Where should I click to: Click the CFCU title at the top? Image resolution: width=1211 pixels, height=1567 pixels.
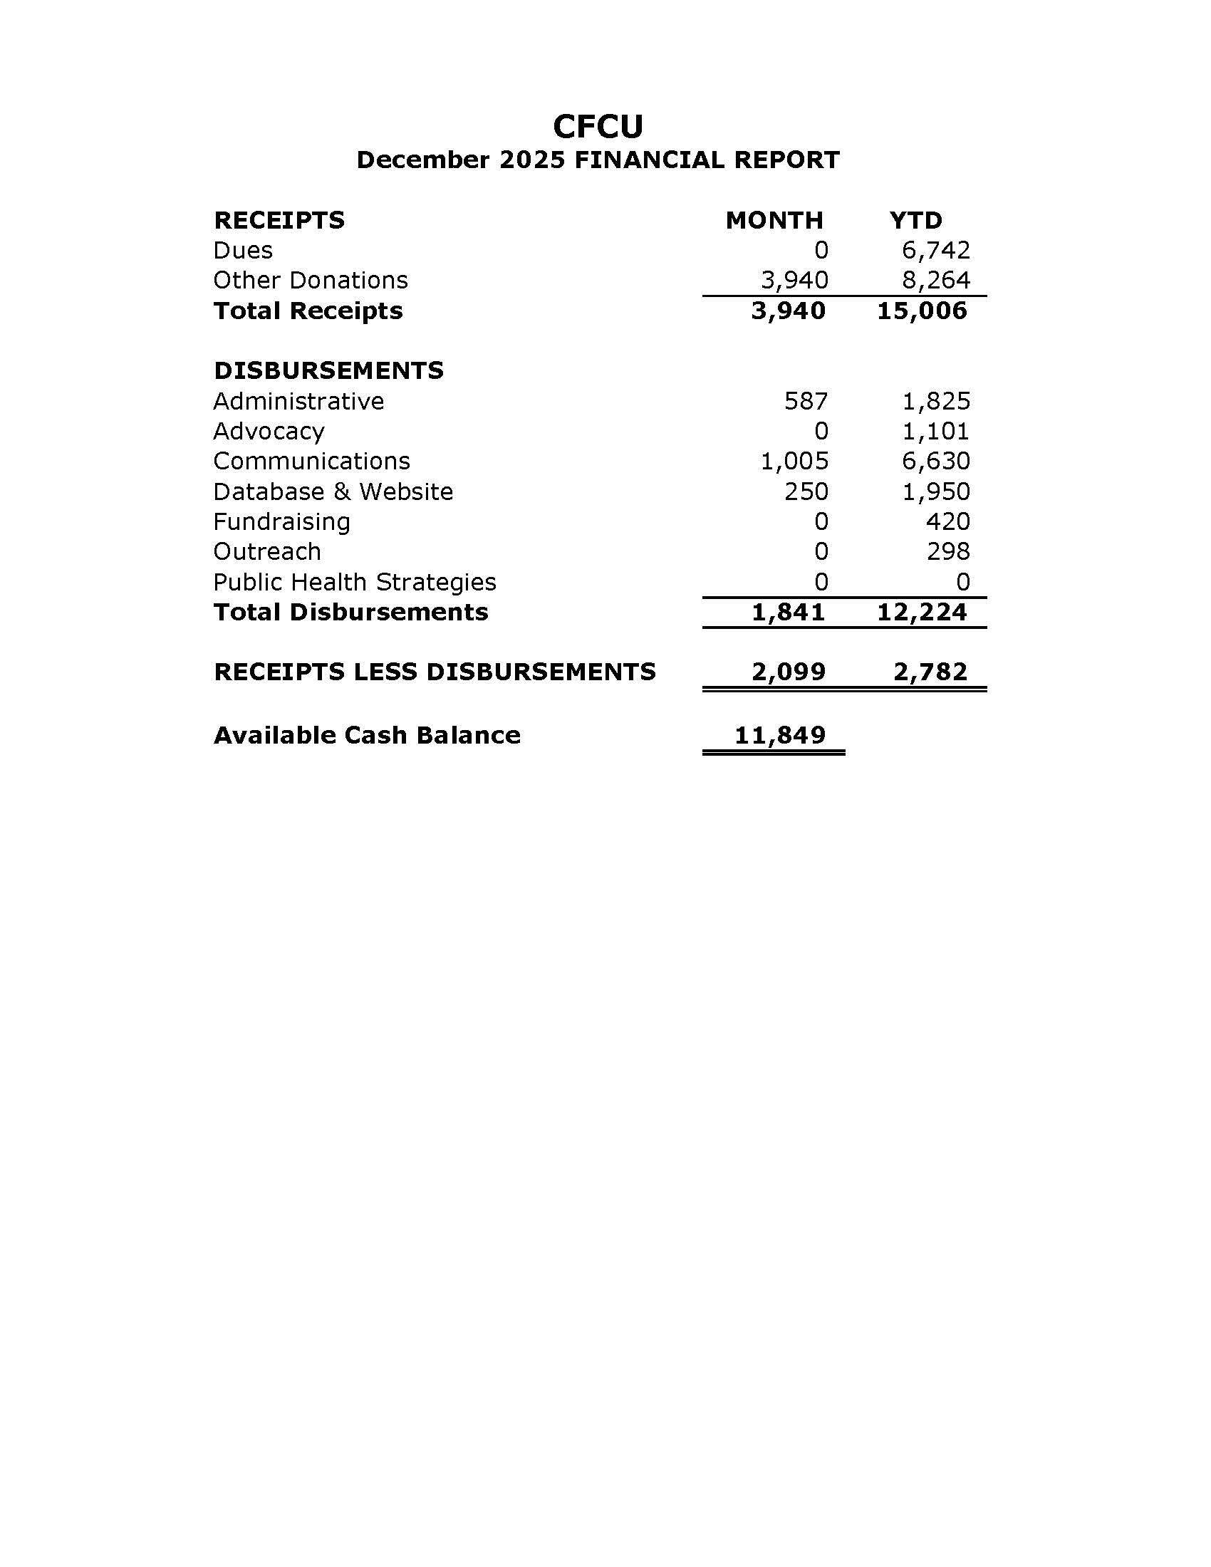(x=598, y=127)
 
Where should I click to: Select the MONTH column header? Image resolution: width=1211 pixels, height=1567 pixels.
(x=774, y=220)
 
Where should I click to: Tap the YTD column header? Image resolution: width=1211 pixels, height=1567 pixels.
(x=915, y=220)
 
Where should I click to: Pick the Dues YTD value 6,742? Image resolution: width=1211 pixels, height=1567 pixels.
(x=935, y=251)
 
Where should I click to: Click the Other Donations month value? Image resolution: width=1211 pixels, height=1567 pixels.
(x=794, y=281)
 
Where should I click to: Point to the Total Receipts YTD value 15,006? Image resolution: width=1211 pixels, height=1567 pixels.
(x=922, y=311)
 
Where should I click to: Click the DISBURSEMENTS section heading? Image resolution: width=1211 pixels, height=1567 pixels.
(x=328, y=371)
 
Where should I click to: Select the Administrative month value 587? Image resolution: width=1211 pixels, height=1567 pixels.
(x=806, y=401)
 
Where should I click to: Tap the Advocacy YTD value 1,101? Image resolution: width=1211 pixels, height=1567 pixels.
(x=935, y=431)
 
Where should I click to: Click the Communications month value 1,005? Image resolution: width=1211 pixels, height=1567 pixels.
(x=794, y=462)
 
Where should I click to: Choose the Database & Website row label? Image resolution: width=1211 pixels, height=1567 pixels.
(x=333, y=491)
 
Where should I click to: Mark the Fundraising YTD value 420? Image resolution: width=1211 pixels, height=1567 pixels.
(x=947, y=521)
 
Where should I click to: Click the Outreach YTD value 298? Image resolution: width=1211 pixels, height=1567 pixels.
(x=947, y=552)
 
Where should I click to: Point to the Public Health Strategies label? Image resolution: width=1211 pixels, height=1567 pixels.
(x=355, y=582)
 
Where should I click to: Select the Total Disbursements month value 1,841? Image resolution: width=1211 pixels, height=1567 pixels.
(x=789, y=612)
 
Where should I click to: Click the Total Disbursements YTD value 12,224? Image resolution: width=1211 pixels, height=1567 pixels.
(x=922, y=612)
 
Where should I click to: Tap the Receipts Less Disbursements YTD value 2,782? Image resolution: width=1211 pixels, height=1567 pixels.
(x=930, y=672)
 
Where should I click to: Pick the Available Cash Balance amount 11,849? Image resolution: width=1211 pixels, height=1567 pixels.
(x=780, y=736)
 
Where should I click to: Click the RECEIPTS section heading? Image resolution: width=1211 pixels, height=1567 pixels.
(x=279, y=220)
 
